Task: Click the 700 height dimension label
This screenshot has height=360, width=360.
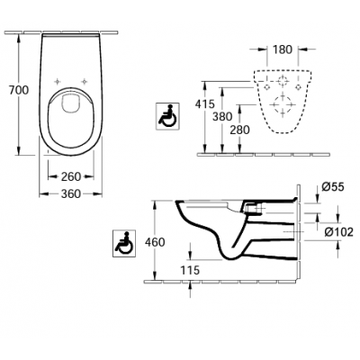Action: coord(19,90)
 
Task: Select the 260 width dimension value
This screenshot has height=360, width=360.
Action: coord(71,176)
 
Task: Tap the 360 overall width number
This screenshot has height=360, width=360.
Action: coord(71,194)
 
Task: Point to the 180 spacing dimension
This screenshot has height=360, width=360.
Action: coord(283,49)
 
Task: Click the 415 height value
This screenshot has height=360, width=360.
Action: coord(205,103)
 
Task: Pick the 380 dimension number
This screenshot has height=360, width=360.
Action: coord(222,116)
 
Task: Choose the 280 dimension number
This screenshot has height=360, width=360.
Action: coord(239,130)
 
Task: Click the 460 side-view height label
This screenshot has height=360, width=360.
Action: coord(155,242)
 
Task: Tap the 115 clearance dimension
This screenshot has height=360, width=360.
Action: coord(190,270)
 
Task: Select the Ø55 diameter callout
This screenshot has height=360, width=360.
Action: coord(333,187)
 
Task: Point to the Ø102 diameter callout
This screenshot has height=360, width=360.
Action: coord(339,232)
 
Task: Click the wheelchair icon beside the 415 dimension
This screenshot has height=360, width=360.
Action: coord(167,116)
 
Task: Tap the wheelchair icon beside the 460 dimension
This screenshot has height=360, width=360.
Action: coord(124,243)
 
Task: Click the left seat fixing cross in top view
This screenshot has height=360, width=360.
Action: coord(57,81)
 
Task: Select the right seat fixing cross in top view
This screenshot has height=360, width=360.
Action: coord(85,81)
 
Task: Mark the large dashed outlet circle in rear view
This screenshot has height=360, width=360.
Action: coord(283,104)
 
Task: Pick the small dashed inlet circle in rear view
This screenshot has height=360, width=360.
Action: coord(283,81)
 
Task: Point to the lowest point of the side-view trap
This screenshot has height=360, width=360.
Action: coord(230,259)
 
